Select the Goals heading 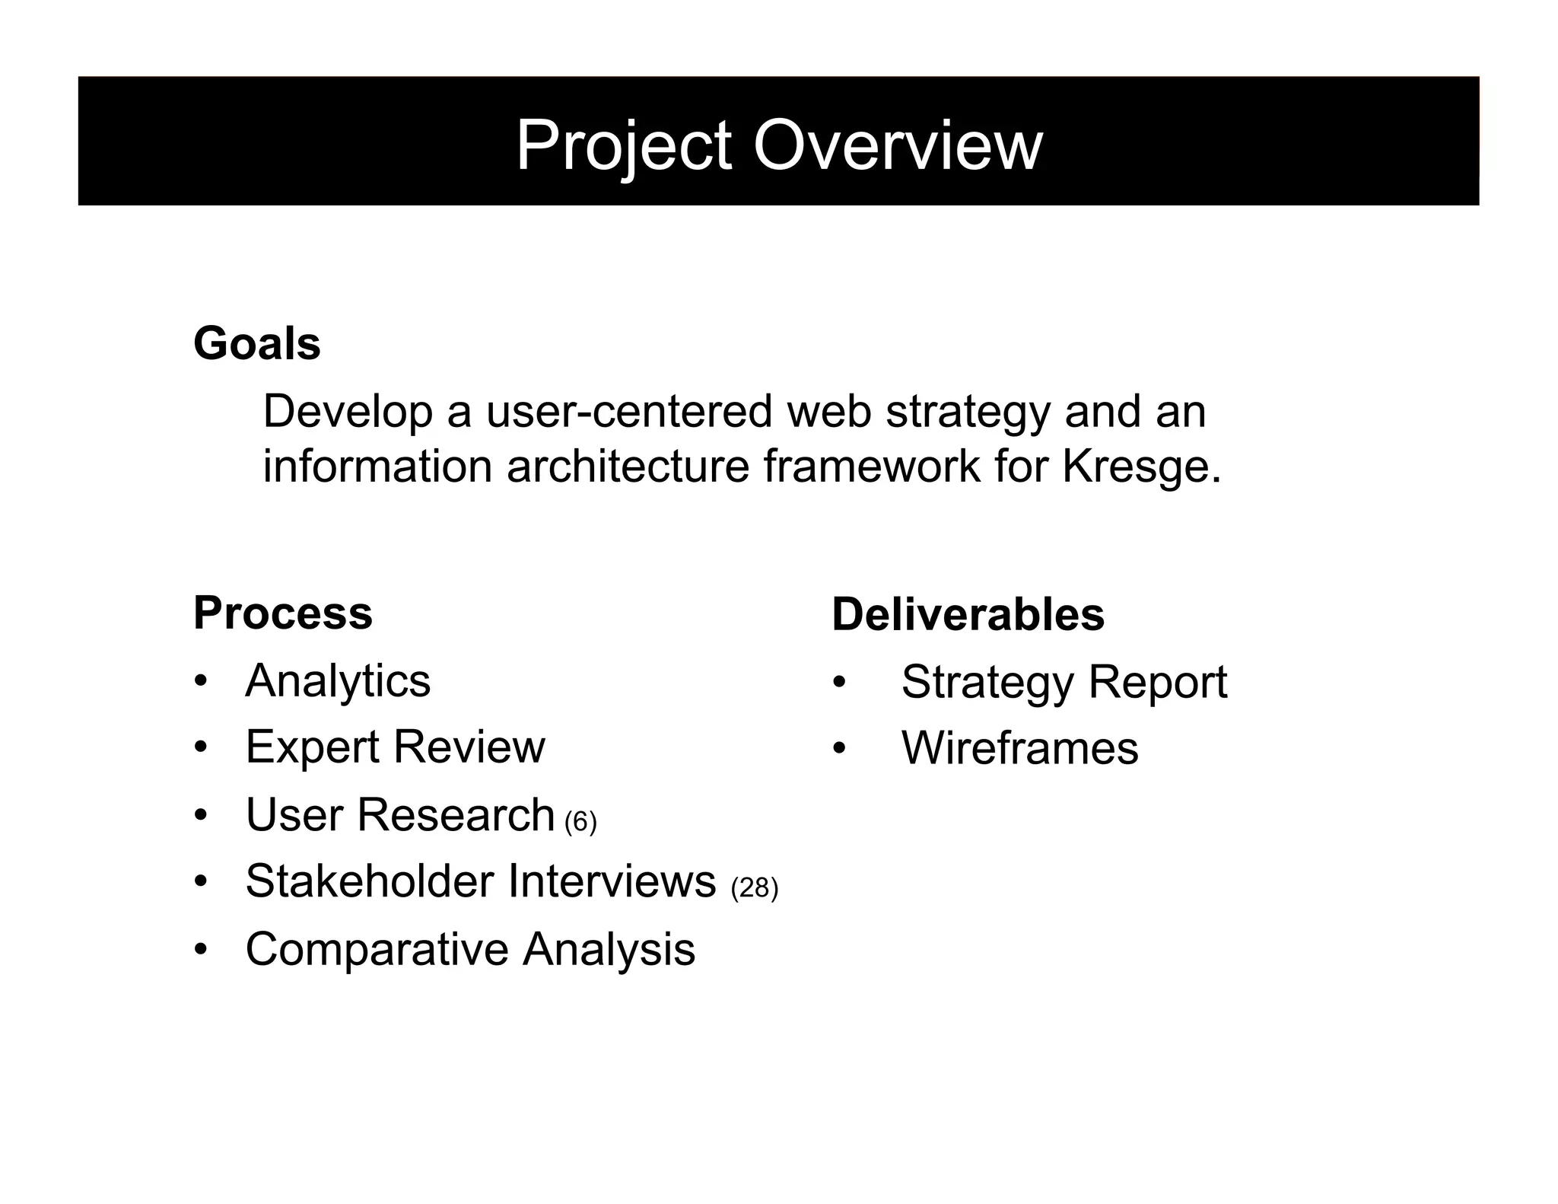[x=257, y=343]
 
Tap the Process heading [x=283, y=613]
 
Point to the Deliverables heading [x=968, y=614]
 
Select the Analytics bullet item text [x=338, y=680]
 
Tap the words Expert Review [x=395, y=747]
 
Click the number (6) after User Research [x=580, y=821]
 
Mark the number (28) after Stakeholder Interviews [x=754, y=887]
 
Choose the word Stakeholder [x=370, y=881]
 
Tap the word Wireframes [x=1019, y=748]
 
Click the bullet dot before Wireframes [x=839, y=749]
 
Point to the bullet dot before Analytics [x=200, y=680]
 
